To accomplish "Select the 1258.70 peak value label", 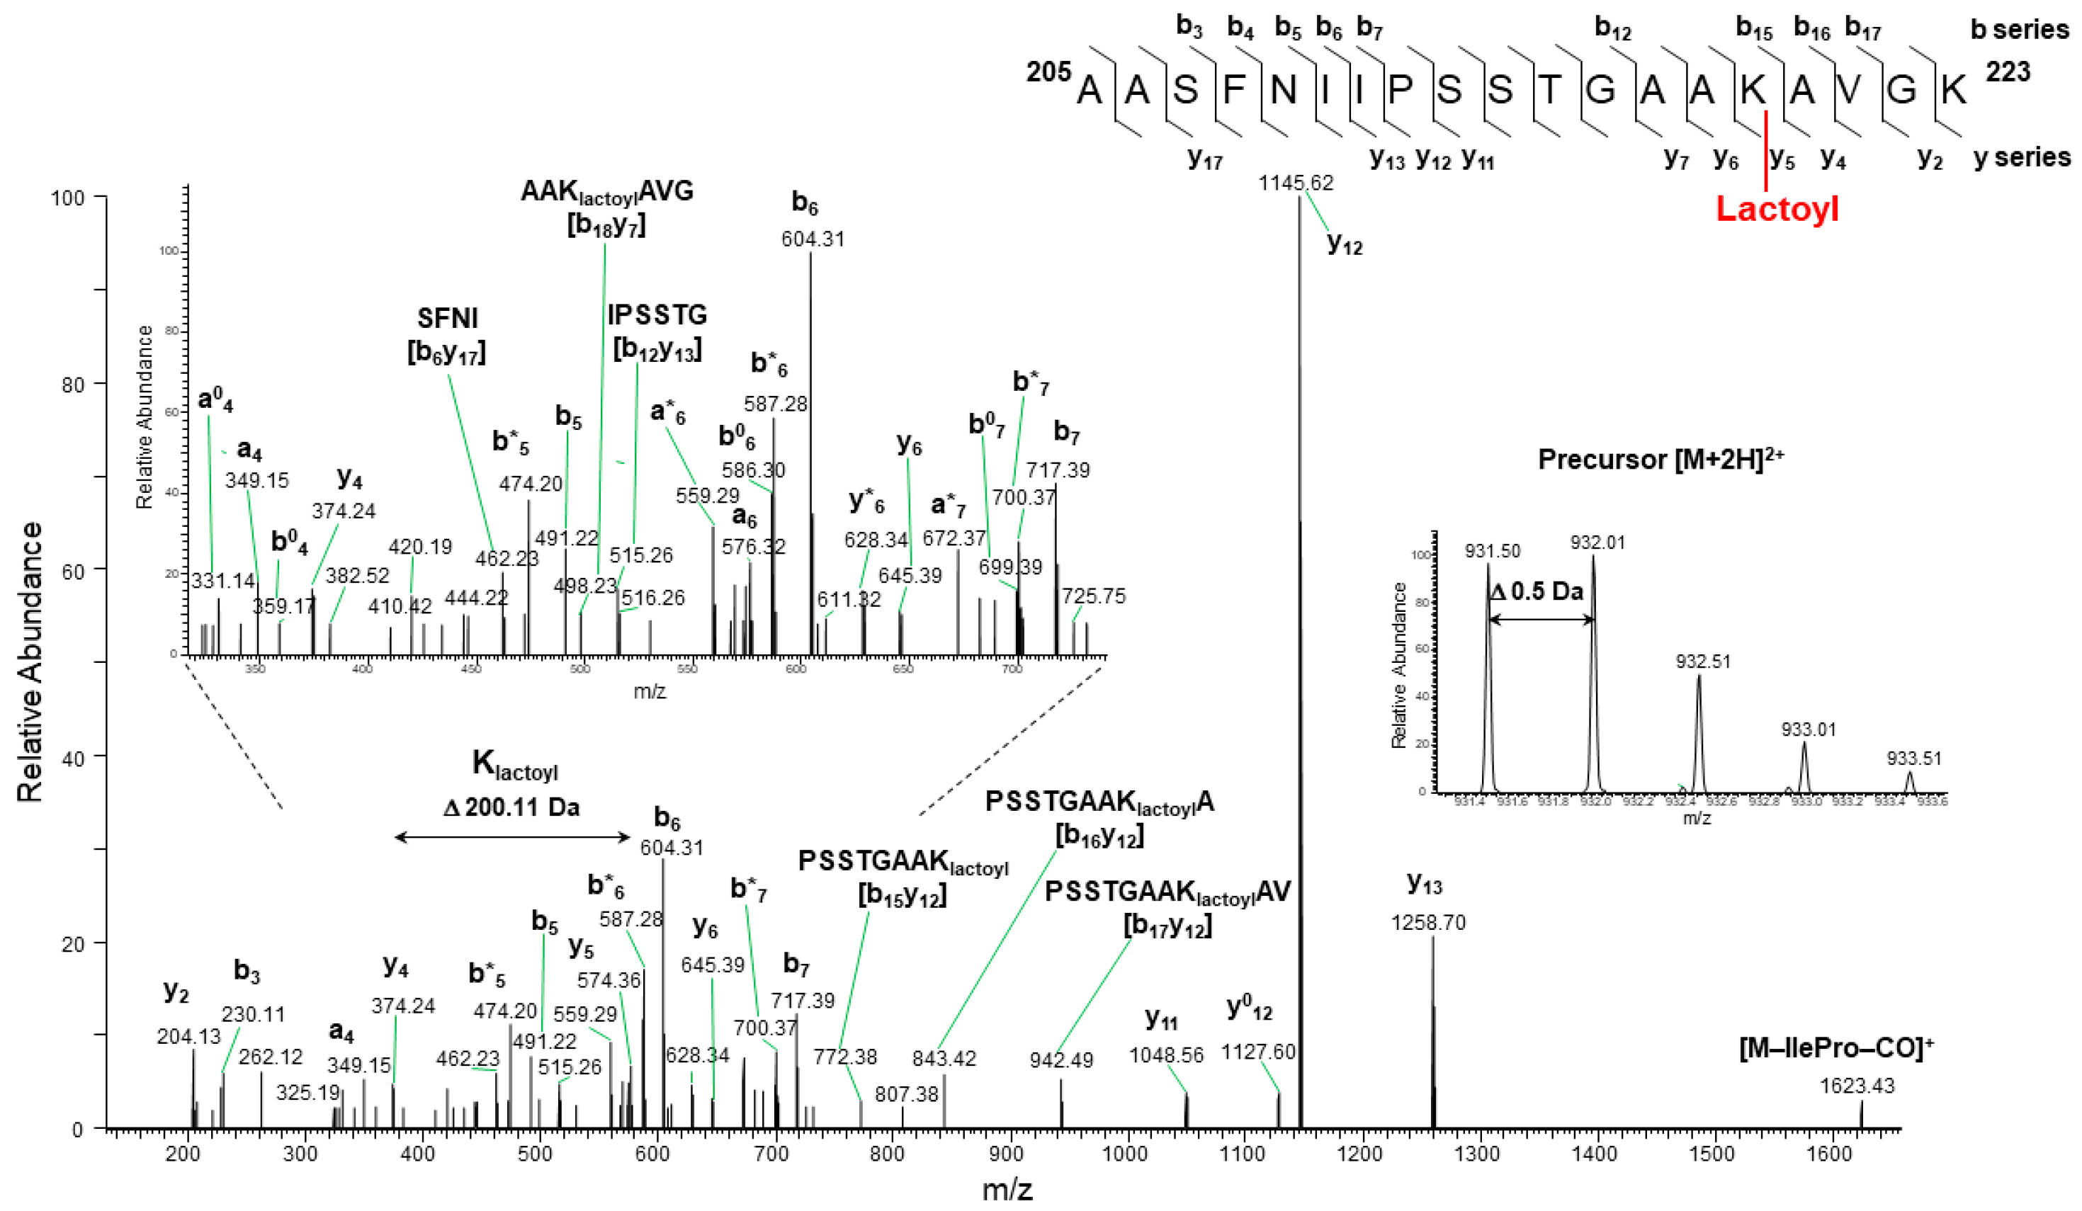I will coord(1427,922).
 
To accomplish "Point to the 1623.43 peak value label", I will coord(1857,1086).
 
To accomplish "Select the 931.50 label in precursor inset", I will coord(1492,551).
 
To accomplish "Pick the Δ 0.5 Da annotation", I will coord(1537,591).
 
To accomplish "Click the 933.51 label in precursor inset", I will coord(1913,758).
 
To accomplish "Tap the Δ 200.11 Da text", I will coord(511,807).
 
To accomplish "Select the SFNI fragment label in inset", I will coord(447,318).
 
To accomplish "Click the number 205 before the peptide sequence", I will coord(1048,72).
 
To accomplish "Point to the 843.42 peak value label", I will coord(944,1057).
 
